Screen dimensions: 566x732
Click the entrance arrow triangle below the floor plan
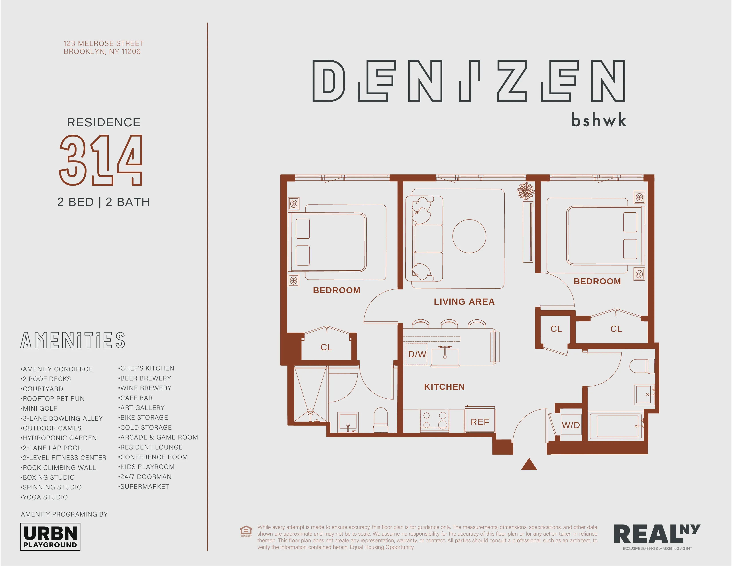click(x=529, y=465)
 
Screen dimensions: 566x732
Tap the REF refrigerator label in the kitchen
click(x=480, y=422)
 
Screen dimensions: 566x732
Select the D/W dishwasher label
click(x=417, y=354)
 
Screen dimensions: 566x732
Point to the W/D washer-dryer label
click(x=571, y=425)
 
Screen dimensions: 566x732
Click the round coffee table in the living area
click(x=469, y=236)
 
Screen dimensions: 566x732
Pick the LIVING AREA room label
click(x=464, y=302)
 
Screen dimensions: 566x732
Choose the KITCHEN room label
click(x=445, y=387)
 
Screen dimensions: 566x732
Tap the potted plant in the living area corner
click(x=525, y=191)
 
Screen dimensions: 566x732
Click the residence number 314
click(x=101, y=160)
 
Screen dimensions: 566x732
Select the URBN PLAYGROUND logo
click(x=50, y=537)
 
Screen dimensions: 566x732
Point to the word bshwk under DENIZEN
click(x=599, y=120)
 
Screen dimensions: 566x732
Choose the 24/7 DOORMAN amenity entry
click(x=146, y=477)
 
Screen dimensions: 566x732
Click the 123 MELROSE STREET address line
click(x=104, y=44)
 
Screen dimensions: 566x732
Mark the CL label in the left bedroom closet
click(x=326, y=347)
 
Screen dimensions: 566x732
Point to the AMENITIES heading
click(x=73, y=340)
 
